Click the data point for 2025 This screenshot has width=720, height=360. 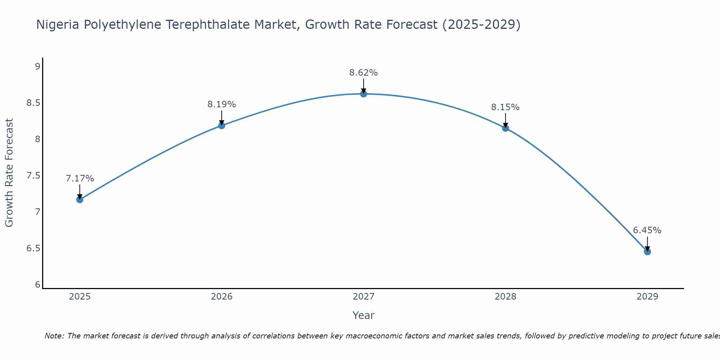80,199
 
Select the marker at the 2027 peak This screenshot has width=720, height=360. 364,94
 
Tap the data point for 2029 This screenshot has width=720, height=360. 647,252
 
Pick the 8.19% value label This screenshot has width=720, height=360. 221,104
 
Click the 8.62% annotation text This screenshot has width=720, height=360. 364,73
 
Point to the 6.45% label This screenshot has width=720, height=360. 647,230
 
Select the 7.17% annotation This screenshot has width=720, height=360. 80,179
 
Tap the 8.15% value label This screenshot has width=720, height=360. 505,107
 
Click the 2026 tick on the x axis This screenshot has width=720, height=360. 221,297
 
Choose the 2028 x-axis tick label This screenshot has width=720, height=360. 505,297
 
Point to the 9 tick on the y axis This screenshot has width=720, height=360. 37,66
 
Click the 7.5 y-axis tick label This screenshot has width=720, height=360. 33,176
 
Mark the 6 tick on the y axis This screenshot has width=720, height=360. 37,285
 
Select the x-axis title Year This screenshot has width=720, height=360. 364,315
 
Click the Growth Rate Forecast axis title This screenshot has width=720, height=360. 9,173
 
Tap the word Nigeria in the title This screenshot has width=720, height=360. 58,24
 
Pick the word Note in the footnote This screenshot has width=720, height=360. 54,336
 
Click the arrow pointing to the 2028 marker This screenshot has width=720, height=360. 505,120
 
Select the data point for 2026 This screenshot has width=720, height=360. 221,125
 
